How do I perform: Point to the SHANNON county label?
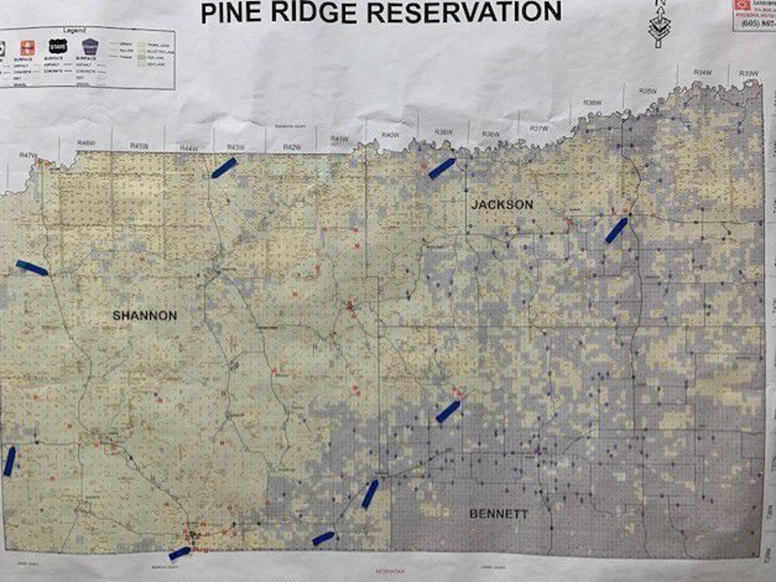click(145, 316)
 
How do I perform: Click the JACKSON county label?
click(502, 205)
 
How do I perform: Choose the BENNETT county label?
click(499, 515)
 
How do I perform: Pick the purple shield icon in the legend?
click(90, 46)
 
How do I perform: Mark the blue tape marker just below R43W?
click(224, 167)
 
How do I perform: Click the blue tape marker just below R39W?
click(442, 168)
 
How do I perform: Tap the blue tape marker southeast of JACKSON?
click(616, 230)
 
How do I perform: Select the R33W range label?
click(748, 73)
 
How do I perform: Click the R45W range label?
click(139, 146)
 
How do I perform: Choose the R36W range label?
click(592, 103)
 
